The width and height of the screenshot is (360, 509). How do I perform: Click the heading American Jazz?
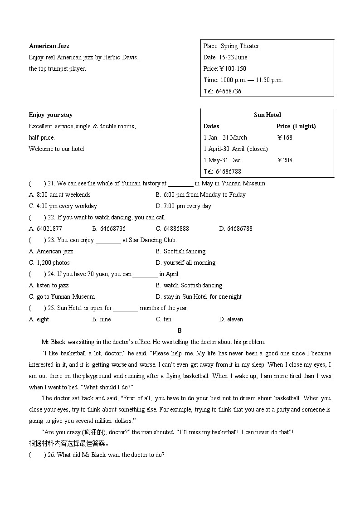(x=49, y=46)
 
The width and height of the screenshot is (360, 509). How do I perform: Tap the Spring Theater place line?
(x=231, y=46)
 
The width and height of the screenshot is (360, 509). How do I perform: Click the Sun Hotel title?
(x=267, y=115)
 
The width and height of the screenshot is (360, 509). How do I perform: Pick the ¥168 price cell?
(x=284, y=137)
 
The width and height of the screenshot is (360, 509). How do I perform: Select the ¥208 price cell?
(x=284, y=160)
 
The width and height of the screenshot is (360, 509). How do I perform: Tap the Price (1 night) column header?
(x=296, y=126)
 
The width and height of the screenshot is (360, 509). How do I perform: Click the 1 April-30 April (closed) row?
(x=235, y=149)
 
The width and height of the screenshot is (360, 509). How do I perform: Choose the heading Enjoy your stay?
(x=50, y=115)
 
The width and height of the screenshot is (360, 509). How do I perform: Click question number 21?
(x=51, y=183)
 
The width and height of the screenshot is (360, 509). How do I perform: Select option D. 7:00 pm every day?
(x=183, y=206)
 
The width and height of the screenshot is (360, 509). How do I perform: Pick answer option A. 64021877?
(x=45, y=228)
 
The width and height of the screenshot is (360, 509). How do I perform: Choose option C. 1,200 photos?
(x=49, y=262)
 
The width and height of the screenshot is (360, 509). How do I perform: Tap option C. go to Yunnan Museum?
(x=62, y=296)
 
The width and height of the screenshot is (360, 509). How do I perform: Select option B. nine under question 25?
(x=101, y=319)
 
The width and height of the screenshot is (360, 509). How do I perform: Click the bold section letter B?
(x=180, y=330)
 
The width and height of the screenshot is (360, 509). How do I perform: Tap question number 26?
(x=51, y=455)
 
